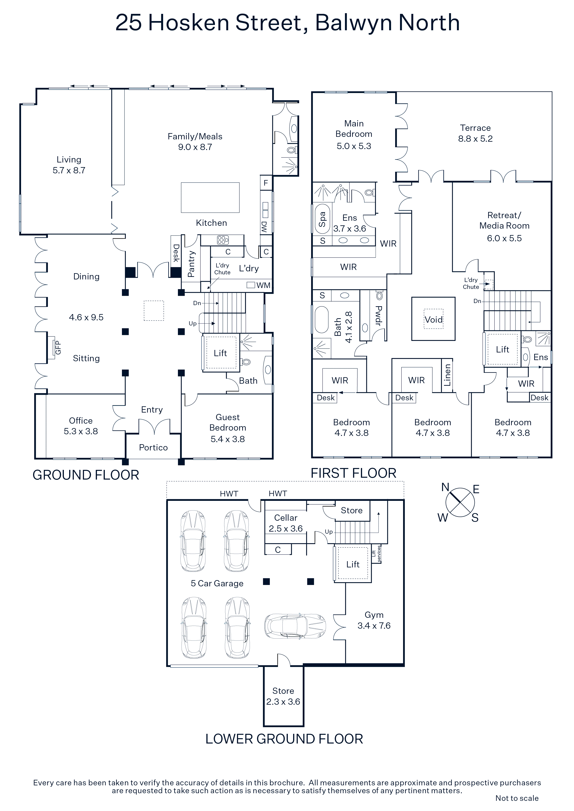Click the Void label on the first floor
[433, 320]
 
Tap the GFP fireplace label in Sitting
[58, 348]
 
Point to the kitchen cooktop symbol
[223, 240]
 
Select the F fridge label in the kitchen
[266, 183]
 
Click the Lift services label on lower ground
[376, 554]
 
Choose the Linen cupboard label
[447, 375]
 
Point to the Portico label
[153, 447]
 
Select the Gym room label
[374, 615]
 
